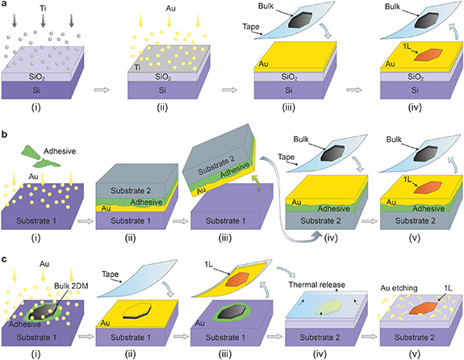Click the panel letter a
[x=6, y=6]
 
